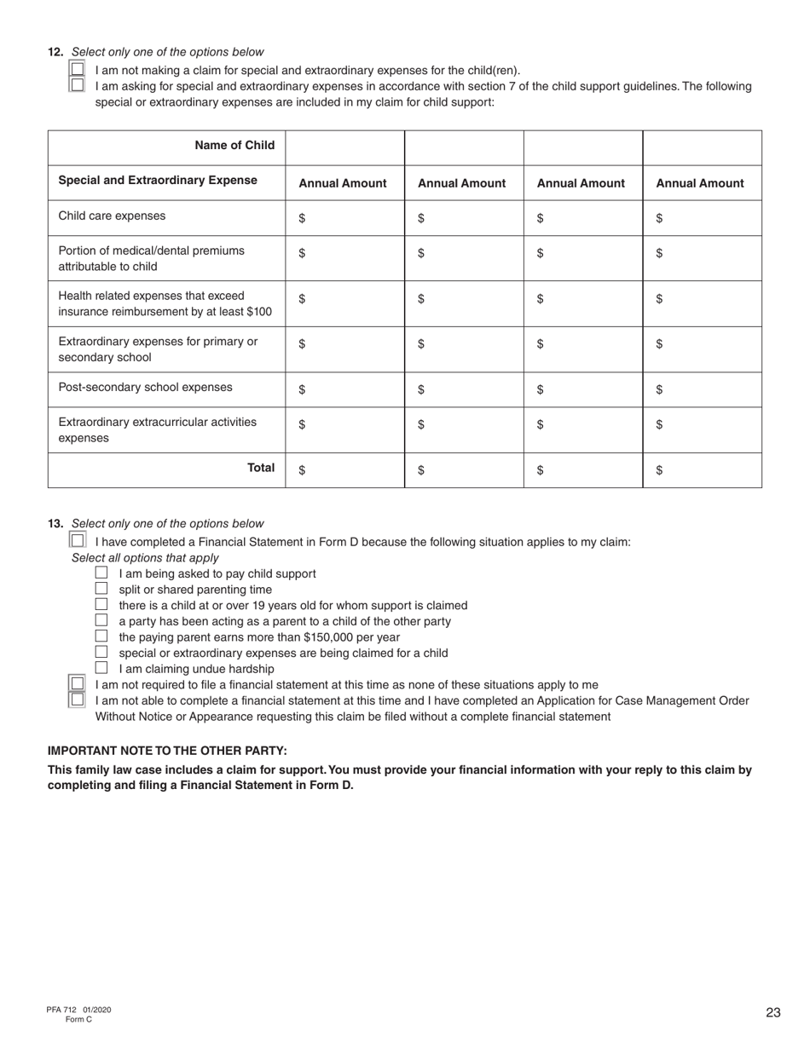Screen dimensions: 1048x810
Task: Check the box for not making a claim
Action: (77, 69)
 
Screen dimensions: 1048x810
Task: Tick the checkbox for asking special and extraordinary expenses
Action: (77, 84)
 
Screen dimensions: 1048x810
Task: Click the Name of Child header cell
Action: (234, 145)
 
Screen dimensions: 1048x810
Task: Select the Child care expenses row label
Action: (112, 216)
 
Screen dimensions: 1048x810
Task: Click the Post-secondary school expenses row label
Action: (145, 387)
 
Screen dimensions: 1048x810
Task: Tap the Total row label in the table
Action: (261, 467)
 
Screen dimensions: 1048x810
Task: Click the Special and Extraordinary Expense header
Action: (158, 180)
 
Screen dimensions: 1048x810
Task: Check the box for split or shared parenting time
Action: (101, 589)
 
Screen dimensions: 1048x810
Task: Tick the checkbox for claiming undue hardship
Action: (101, 668)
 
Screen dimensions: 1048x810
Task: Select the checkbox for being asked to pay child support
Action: (101, 573)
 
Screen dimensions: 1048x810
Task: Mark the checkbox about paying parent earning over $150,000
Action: (101, 636)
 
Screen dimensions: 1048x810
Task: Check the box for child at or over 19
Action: (101, 605)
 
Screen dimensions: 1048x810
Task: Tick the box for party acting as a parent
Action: (101, 620)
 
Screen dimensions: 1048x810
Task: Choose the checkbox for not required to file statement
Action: (77, 683)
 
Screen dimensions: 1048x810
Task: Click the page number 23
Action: (772, 1013)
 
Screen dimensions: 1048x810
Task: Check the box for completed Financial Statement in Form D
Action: (77, 540)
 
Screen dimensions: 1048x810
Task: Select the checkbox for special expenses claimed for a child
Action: (101, 652)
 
